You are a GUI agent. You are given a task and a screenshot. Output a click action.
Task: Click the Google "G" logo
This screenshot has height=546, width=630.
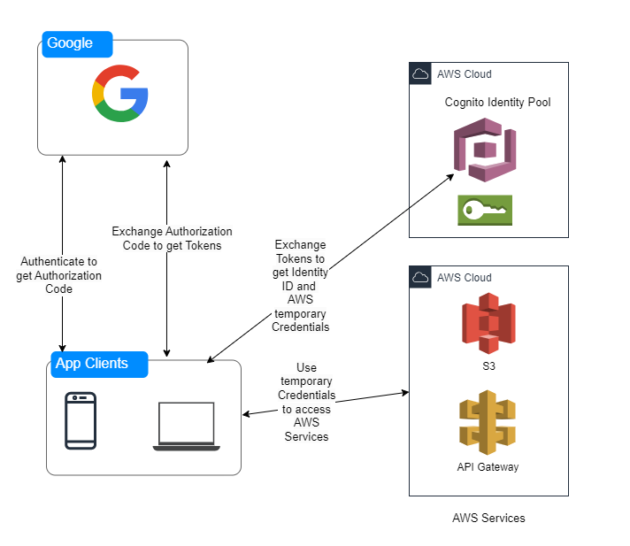[x=119, y=93]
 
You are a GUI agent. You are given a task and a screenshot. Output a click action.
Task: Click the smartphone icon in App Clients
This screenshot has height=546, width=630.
[x=81, y=420]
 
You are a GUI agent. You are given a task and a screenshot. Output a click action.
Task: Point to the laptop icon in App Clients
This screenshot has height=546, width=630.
[x=186, y=427]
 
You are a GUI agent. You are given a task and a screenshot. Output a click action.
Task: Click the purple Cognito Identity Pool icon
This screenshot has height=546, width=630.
[x=484, y=150]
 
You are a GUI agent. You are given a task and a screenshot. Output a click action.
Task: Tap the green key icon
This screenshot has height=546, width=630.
[x=485, y=211]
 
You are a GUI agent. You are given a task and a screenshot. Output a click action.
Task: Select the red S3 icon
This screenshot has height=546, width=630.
[x=488, y=323]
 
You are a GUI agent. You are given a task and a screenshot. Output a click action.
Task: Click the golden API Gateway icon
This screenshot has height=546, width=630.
[x=488, y=422]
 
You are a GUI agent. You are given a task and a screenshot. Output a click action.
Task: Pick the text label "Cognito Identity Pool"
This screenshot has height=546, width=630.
[x=497, y=103]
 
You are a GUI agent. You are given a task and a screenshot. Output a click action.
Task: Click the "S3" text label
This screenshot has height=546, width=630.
[x=488, y=365]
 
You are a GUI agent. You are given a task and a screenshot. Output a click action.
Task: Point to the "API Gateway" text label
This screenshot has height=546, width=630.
[x=488, y=466]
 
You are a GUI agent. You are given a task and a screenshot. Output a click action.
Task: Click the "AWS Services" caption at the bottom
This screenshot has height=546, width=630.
[x=488, y=518]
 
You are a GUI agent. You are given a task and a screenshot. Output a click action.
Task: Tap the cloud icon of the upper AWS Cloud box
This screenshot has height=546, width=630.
[x=420, y=74]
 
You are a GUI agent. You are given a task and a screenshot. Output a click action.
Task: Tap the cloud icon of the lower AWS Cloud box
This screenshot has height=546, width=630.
[x=420, y=278]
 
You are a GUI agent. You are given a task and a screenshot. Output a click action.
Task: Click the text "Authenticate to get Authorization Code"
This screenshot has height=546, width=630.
[x=58, y=275]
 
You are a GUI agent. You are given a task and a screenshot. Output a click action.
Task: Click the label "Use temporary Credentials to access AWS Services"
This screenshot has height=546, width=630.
[x=307, y=402]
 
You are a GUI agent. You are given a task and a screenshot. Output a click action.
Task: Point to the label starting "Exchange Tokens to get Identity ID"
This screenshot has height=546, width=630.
[x=300, y=285]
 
